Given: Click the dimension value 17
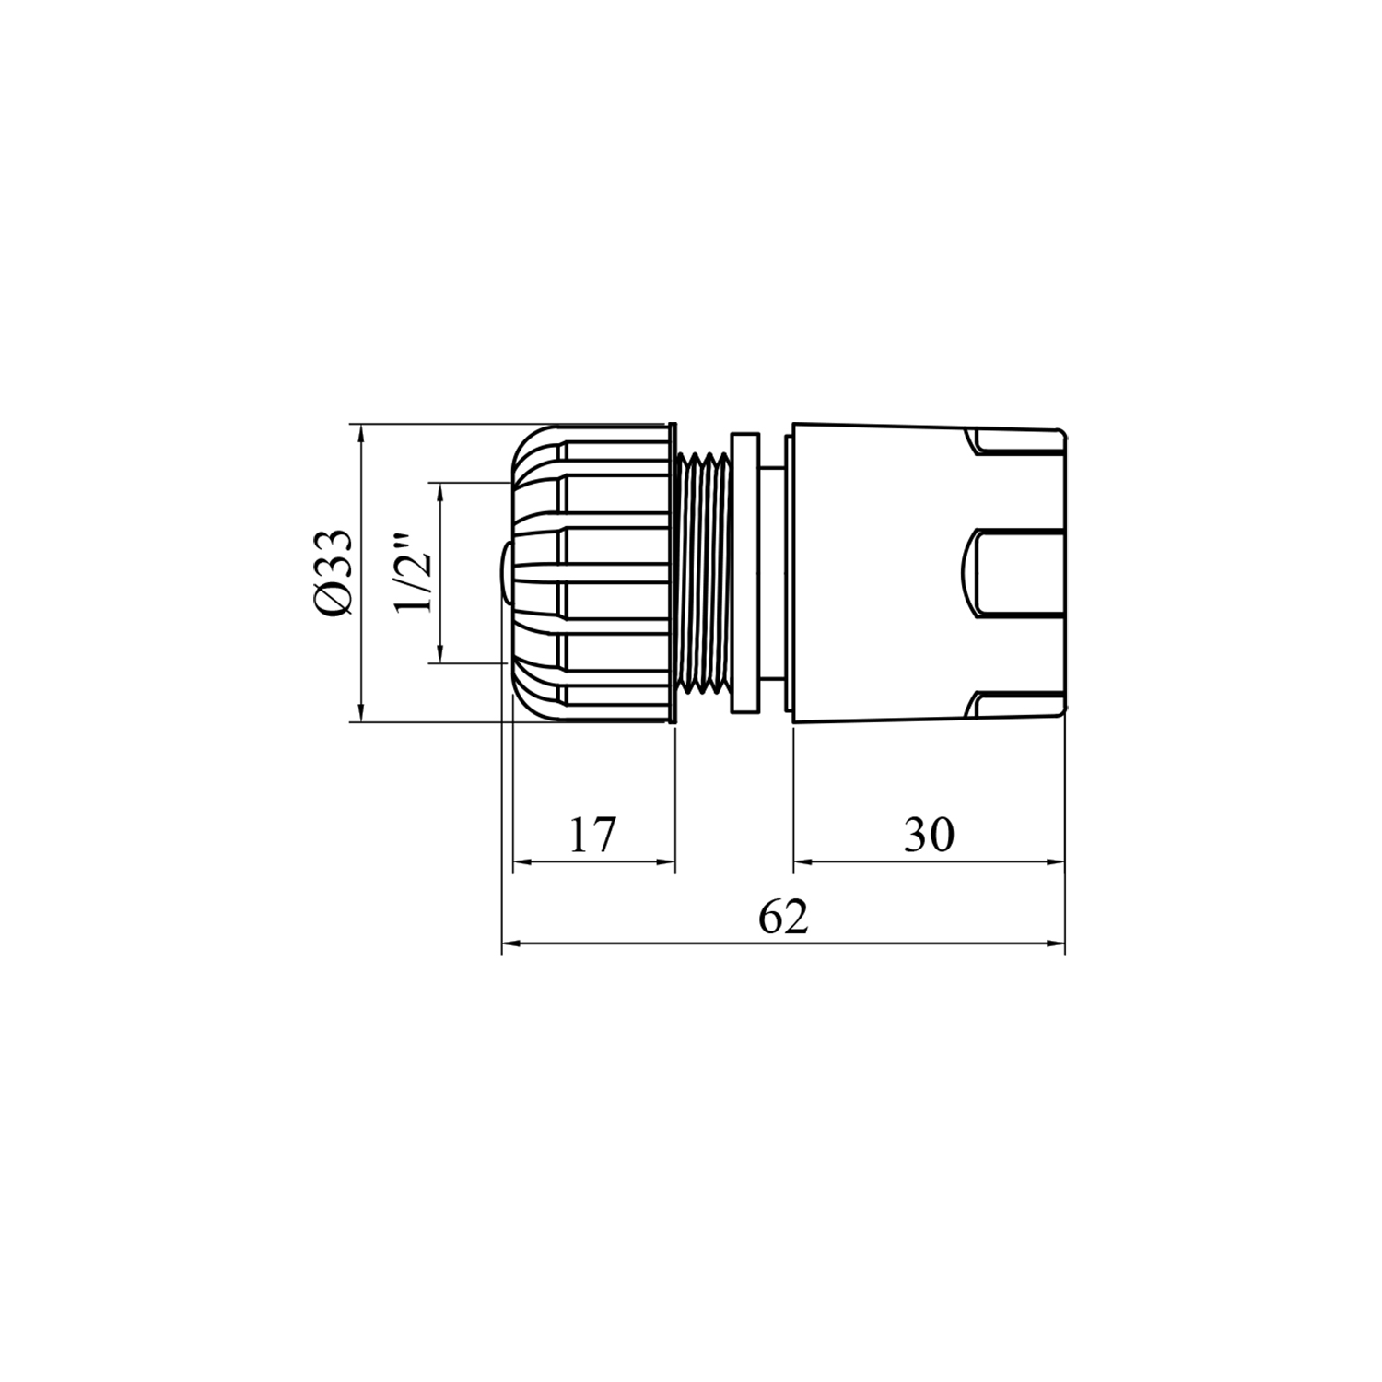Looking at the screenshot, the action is pyautogui.click(x=591, y=835).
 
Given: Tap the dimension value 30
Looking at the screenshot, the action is pyautogui.click(x=930, y=835).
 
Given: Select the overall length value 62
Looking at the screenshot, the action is pyautogui.click(x=784, y=917).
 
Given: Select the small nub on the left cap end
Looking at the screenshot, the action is pyautogui.click(x=505, y=571).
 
